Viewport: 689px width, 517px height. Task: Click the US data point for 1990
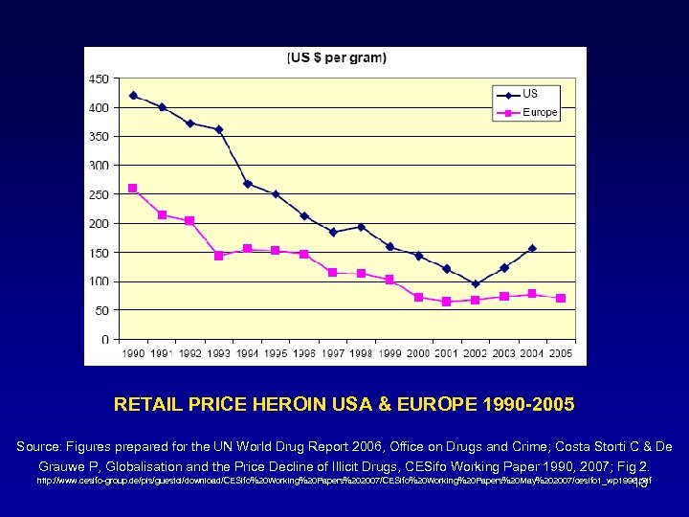click(133, 96)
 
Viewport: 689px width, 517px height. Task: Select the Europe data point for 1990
click(133, 189)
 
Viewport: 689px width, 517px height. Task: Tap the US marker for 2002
click(476, 283)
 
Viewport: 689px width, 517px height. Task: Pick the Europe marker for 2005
click(561, 298)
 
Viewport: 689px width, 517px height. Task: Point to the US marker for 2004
click(532, 248)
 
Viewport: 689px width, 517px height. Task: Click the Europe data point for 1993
click(218, 256)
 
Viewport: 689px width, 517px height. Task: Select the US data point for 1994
click(247, 184)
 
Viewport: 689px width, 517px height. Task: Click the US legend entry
click(529, 94)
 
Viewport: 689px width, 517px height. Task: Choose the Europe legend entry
click(539, 112)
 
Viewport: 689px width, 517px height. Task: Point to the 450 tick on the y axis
click(99, 79)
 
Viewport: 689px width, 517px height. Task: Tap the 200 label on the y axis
click(99, 223)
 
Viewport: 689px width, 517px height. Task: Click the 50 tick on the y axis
click(100, 310)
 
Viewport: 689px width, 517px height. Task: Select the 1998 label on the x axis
click(361, 353)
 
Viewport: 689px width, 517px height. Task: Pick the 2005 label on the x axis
click(561, 353)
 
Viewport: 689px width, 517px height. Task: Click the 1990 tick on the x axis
click(133, 353)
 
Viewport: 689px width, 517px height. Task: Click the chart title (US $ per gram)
click(338, 58)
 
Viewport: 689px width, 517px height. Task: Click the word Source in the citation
click(41, 447)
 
